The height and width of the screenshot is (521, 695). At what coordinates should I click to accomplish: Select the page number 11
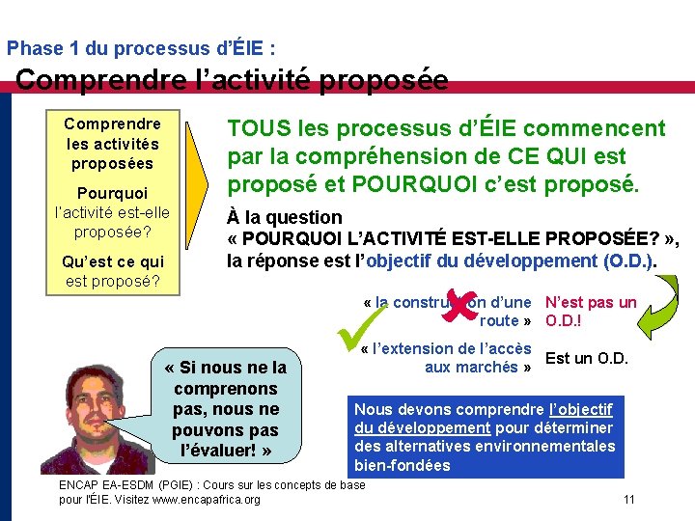pos(628,499)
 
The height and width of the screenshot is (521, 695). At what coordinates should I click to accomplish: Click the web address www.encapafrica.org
pos(213,499)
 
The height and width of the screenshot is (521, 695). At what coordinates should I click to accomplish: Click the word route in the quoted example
pos(500,320)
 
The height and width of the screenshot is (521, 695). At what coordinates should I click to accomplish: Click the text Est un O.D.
pos(587,359)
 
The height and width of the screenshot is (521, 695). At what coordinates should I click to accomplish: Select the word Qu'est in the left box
pos(86,261)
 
